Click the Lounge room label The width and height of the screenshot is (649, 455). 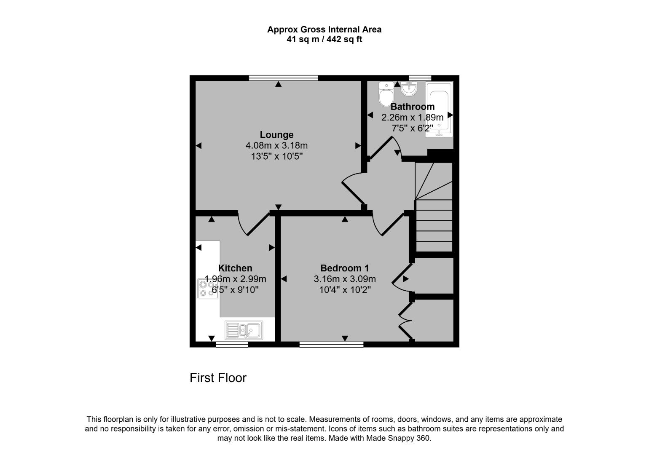click(276, 135)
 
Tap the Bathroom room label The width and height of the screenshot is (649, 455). click(412, 107)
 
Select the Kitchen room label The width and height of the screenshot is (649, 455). click(235, 268)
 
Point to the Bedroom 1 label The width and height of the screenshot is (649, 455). click(344, 268)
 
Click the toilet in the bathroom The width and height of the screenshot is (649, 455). click(386, 94)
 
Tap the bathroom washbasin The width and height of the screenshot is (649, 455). click(408, 88)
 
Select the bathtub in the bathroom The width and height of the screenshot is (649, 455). click(439, 109)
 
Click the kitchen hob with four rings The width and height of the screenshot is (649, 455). click(208, 289)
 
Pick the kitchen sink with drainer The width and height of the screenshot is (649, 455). click(244, 330)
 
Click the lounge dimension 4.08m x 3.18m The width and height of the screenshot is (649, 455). click(276, 146)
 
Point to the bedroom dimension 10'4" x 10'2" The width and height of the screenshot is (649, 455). click(344, 290)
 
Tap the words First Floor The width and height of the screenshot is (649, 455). click(218, 378)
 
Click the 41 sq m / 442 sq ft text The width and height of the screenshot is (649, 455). click(324, 40)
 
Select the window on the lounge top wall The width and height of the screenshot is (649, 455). click(283, 78)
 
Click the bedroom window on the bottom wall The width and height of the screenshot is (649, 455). click(331, 345)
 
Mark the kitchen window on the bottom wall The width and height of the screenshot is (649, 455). click(232, 345)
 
